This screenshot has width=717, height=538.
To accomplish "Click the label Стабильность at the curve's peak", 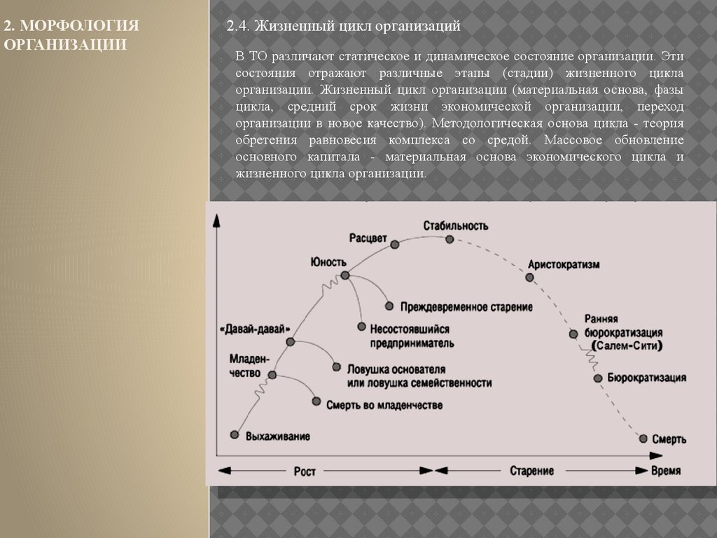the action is [456, 226].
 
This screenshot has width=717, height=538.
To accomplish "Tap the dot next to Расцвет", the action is [395, 244].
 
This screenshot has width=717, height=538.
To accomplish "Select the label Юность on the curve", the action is [328, 262].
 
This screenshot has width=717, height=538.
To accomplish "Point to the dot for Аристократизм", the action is [529, 277].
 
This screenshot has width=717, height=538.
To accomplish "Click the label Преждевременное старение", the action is [467, 307].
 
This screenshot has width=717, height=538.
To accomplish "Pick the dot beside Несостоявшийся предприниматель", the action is [362, 326].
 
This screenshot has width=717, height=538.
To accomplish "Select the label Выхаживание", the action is [278, 436].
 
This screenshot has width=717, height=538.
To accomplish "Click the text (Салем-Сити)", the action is [627, 346].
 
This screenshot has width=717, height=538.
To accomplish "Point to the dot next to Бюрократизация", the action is [597, 378].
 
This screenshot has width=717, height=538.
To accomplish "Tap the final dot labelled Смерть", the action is [643, 438].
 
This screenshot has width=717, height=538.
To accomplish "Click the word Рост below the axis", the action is [305, 471].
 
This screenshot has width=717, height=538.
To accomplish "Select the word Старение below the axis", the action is [532, 471].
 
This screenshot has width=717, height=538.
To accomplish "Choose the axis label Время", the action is [665, 471].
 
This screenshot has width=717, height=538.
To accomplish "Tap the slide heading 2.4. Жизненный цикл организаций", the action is [343, 27].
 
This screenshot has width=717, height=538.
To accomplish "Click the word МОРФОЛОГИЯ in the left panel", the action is [78, 27].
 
